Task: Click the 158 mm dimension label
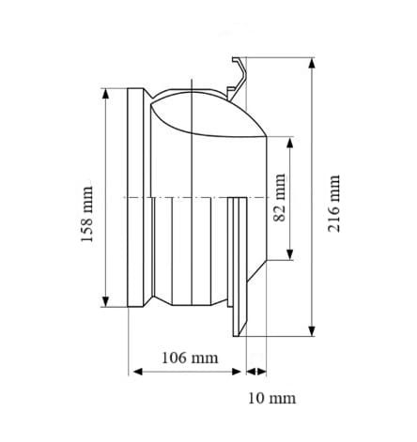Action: tap(87, 214)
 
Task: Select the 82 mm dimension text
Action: tap(280, 197)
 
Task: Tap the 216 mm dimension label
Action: tap(333, 204)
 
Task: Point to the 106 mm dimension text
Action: tap(190, 358)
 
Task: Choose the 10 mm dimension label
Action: tap(271, 398)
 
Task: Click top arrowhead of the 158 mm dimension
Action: tap(105, 94)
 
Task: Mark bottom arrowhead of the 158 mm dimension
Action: tap(105, 301)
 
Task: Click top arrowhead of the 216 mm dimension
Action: tap(311, 63)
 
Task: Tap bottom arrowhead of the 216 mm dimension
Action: tap(311, 331)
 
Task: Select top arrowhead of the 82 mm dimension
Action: tap(290, 143)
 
